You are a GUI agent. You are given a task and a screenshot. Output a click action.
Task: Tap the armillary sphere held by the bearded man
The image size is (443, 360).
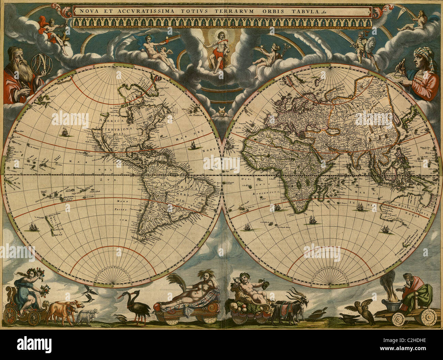(x=42, y=63)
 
